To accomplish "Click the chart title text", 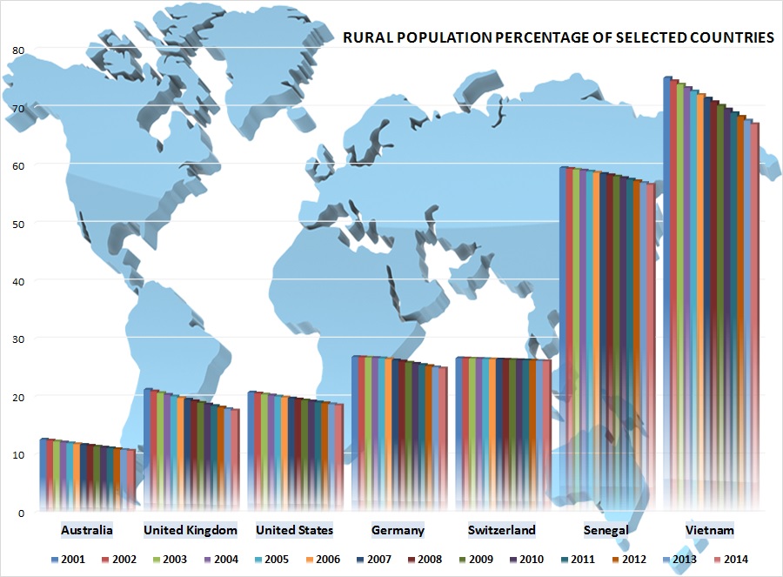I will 558,38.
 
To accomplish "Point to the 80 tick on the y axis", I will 18,50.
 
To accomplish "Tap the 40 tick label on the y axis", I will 18,280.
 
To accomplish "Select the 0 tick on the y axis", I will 21,512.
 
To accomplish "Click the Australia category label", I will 87,530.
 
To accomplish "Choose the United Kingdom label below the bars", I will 191,530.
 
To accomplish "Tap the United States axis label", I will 294,530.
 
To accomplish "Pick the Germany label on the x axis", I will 398,530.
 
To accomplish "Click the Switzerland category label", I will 501,530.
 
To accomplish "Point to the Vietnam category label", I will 709,530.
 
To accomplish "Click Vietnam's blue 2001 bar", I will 667,287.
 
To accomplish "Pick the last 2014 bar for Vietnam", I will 755,313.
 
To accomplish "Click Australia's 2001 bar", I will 43,474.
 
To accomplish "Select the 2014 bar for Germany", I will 444,435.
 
